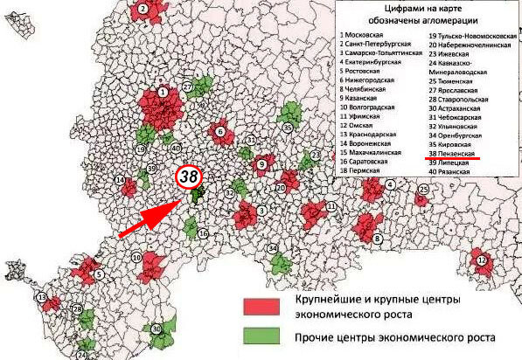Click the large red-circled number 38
tap(189, 176)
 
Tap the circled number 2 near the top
tap(142, 9)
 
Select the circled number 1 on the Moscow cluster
tap(163, 90)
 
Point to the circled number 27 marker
tap(187, 87)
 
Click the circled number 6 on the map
tap(219, 132)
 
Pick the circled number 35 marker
tap(287, 128)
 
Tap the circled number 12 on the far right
tap(482, 260)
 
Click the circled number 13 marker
tap(41, 299)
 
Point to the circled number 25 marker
tap(424, 189)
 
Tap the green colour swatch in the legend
tap(260, 336)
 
